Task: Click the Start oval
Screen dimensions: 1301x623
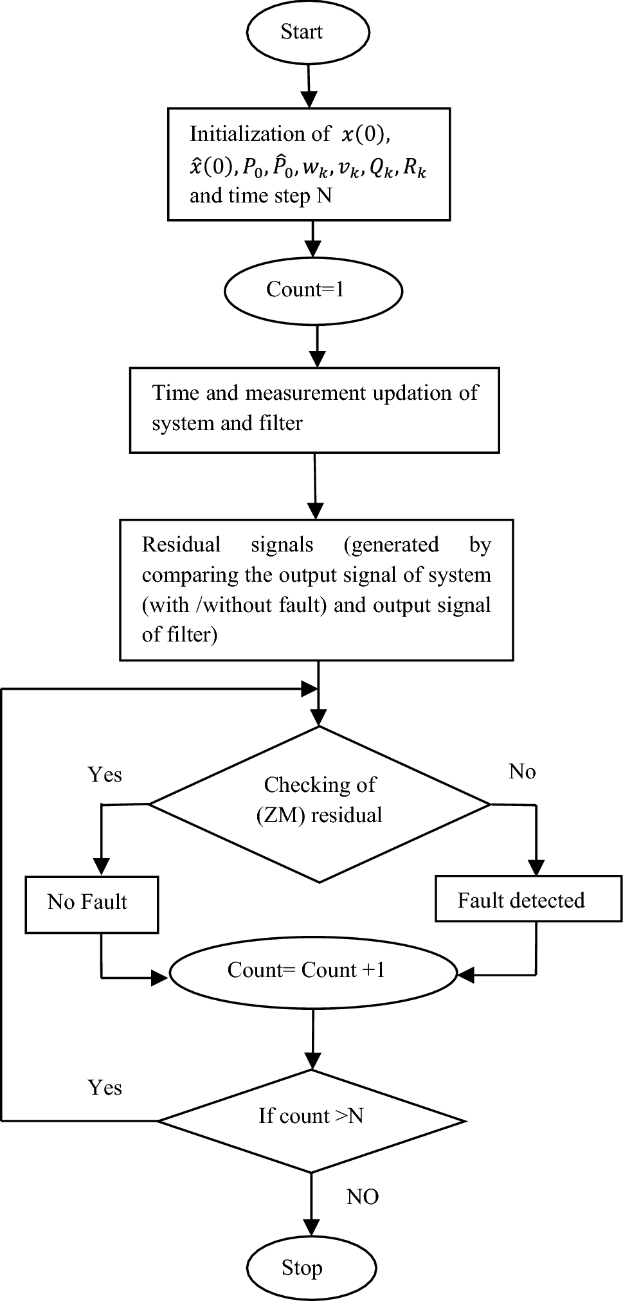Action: pyautogui.click(x=302, y=32)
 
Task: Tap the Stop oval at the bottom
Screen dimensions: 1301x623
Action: pyautogui.click(x=302, y=1268)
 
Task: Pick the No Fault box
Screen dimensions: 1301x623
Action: pyautogui.click(x=91, y=902)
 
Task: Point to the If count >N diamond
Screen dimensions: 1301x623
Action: pyautogui.click(x=311, y=1117)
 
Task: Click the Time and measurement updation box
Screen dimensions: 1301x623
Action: pyautogui.click(x=314, y=409)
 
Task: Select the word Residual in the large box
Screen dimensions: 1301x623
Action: pyautogui.click(x=181, y=545)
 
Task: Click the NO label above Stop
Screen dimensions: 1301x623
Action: pyautogui.click(x=363, y=1196)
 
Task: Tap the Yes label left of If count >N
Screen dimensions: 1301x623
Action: pyautogui.click(x=105, y=1087)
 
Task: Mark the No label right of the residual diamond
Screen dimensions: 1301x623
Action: pyautogui.click(x=521, y=771)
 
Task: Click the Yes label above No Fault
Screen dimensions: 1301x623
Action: pyautogui.click(x=105, y=775)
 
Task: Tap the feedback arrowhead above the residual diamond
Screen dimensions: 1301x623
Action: pyautogui.click(x=311, y=690)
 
